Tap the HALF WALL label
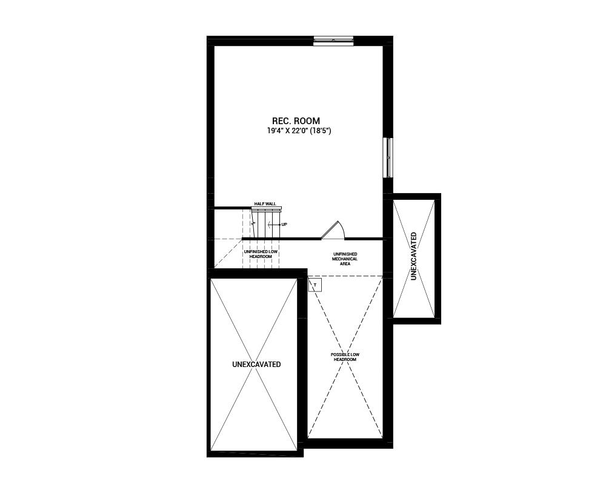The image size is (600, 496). coord(265,203)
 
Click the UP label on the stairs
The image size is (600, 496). coord(284,225)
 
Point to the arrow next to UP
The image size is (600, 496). coord(273,225)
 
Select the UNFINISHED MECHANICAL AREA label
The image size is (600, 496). coord(345,259)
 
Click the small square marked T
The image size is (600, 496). coord(315,285)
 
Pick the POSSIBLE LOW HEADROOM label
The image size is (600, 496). coord(345,357)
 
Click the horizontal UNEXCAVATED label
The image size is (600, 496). coord(256,365)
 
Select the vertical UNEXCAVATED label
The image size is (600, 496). coord(414,256)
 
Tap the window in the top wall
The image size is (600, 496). coord(333,41)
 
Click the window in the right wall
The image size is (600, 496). coord(388,157)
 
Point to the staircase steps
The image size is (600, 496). coord(265,225)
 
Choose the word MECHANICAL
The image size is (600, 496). coord(345,259)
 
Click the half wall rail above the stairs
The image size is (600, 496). coord(267,208)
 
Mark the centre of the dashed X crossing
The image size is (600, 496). coord(345,357)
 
